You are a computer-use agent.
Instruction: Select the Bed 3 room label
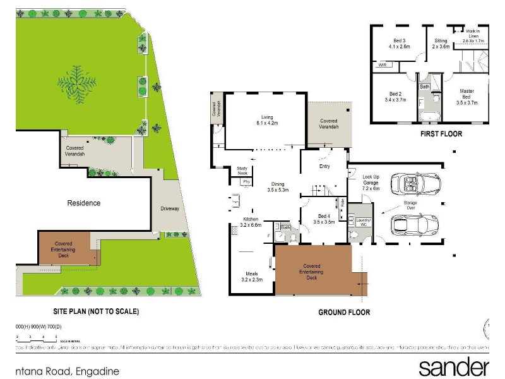point(399,44)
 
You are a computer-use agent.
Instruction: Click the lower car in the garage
point(415,224)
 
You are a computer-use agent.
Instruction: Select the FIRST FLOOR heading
point(441,134)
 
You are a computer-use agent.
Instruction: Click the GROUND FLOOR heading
point(344,312)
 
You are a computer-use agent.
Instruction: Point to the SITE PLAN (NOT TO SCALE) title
point(95,311)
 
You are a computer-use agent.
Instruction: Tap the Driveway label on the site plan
point(170,208)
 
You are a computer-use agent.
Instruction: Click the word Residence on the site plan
point(84,203)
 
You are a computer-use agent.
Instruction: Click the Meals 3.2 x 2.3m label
point(252,276)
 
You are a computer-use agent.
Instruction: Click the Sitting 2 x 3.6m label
point(441,43)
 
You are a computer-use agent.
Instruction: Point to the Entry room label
point(324,166)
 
